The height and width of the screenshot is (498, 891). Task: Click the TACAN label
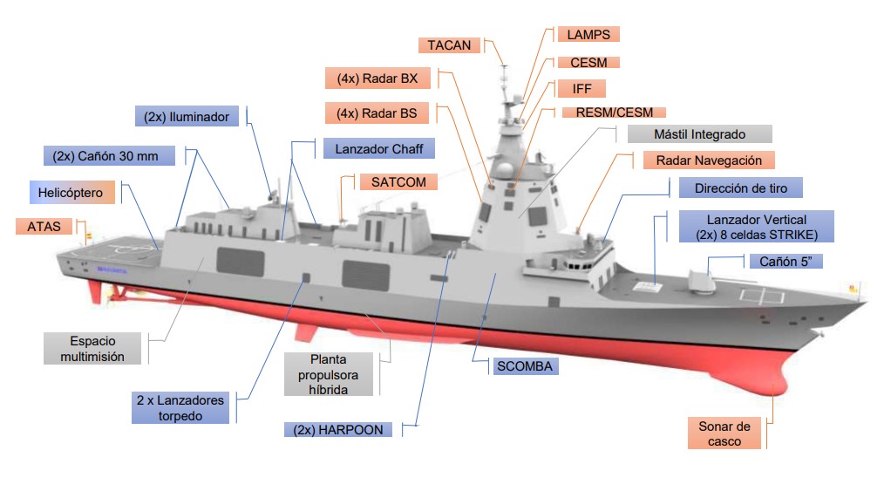(x=449, y=44)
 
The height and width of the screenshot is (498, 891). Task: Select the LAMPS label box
(x=588, y=35)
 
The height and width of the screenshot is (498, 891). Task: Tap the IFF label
(x=582, y=89)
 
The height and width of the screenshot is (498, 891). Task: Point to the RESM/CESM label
(x=609, y=113)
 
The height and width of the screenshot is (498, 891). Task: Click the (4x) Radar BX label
(x=377, y=78)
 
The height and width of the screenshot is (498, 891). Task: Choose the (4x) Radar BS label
(x=377, y=113)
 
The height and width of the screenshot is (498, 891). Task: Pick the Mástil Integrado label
(x=699, y=135)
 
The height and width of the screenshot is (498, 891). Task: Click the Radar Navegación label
(x=708, y=160)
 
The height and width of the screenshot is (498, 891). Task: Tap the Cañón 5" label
(x=786, y=262)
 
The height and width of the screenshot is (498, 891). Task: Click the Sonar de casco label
(x=724, y=433)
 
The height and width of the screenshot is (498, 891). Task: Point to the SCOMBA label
(x=524, y=366)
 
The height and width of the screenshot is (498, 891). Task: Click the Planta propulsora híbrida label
(x=329, y=374)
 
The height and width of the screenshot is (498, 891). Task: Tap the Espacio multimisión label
(x=92, y=349)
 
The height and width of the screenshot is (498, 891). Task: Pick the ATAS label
(x=44, y=227)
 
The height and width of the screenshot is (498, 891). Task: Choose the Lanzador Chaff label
(x=378, y=149)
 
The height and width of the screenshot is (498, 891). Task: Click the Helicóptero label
(x=71, y=193)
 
